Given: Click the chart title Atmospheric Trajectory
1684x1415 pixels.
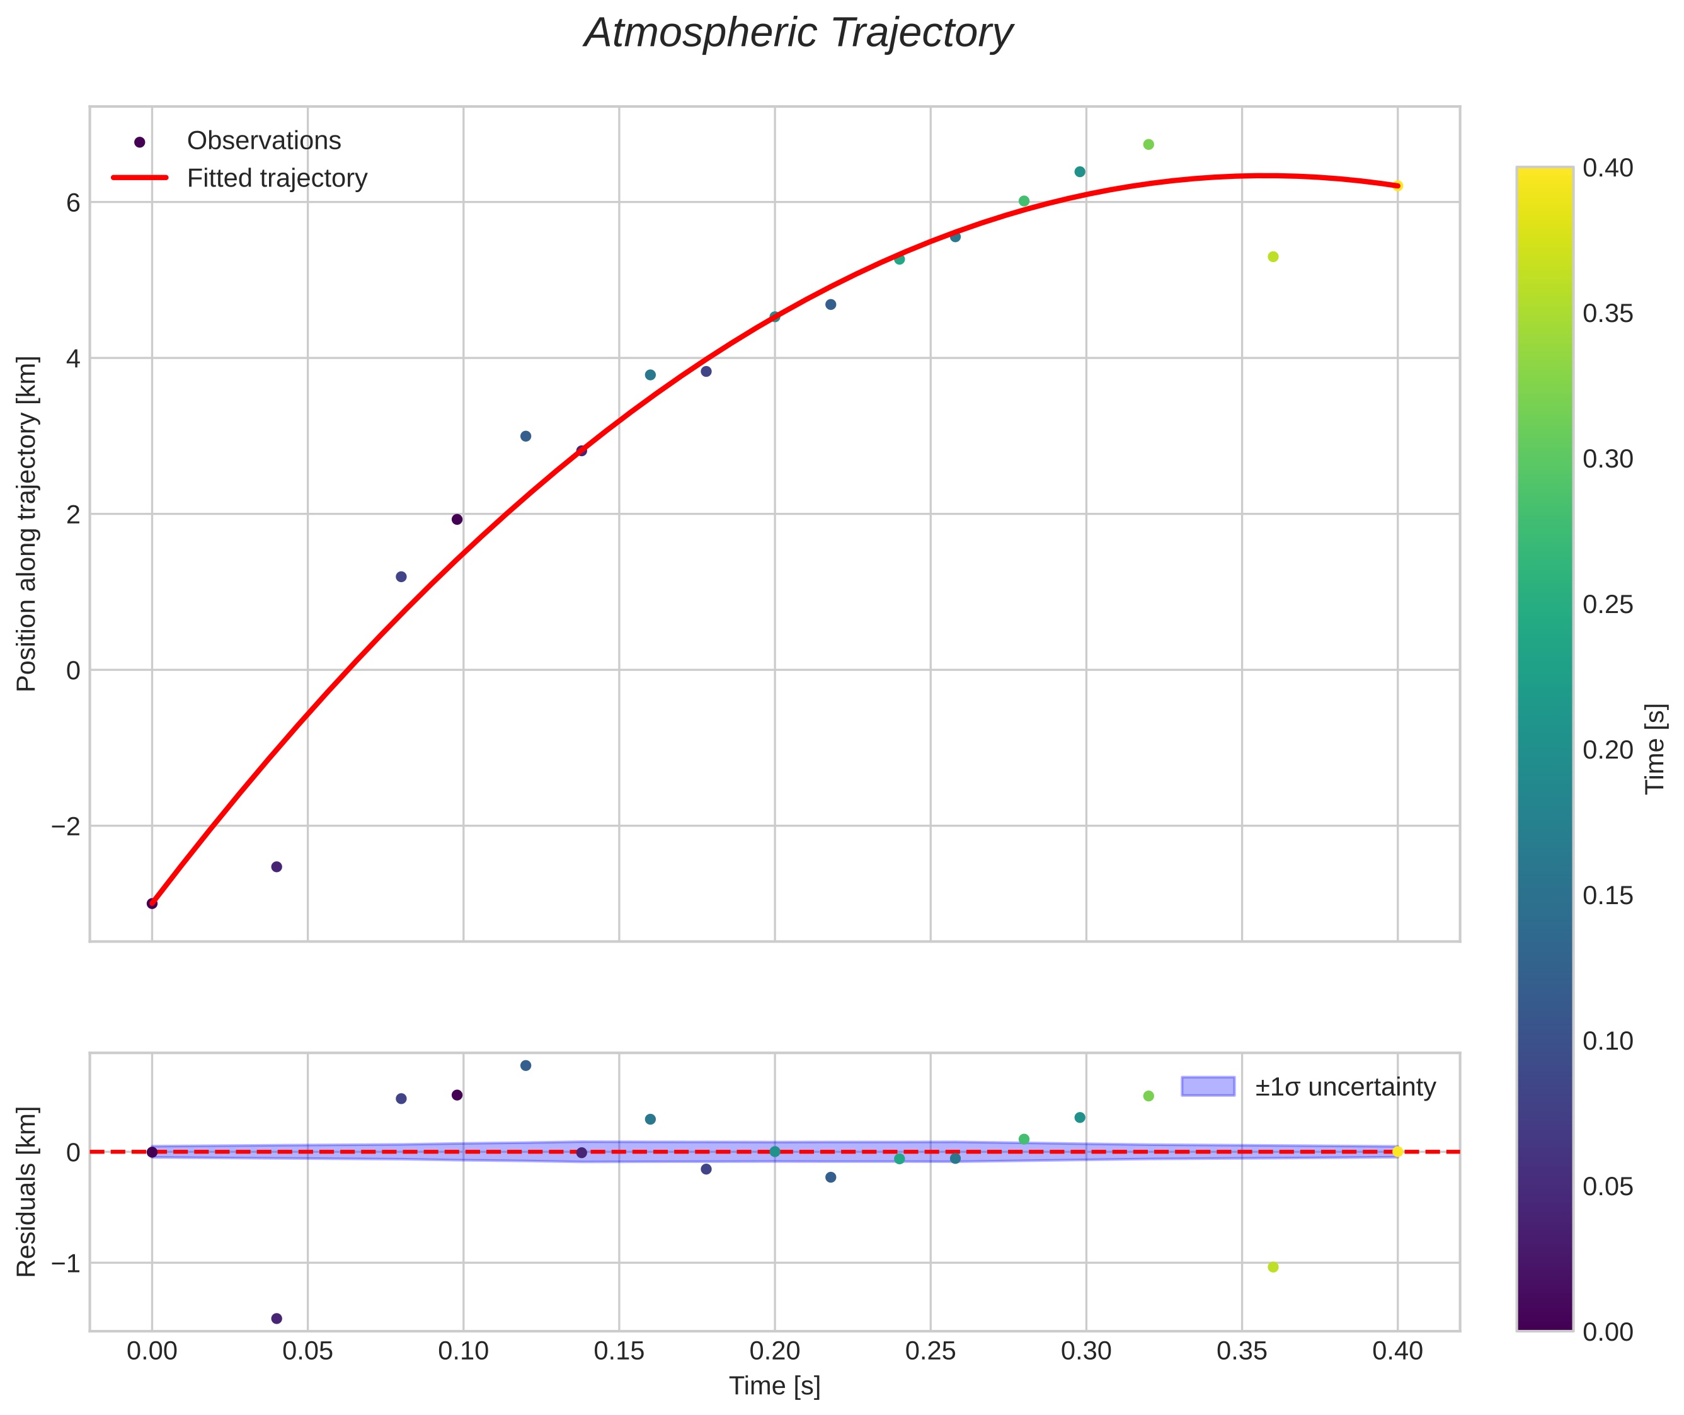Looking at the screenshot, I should coord(798,33).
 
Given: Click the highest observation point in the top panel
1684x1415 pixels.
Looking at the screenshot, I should coord(1148,144).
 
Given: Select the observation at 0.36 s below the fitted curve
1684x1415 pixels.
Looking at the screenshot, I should coord(1273,256).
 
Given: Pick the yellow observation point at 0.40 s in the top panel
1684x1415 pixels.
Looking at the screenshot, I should coord(1397,186).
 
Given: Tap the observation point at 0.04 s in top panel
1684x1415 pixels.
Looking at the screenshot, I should coord(277,866).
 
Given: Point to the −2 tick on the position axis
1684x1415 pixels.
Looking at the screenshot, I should coord(67,826).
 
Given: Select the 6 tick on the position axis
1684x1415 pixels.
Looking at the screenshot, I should coord(74,203).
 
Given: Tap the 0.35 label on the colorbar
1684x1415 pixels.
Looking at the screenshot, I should coord(1608,314).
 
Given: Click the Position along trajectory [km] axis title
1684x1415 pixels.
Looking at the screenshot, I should coord(26,524).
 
